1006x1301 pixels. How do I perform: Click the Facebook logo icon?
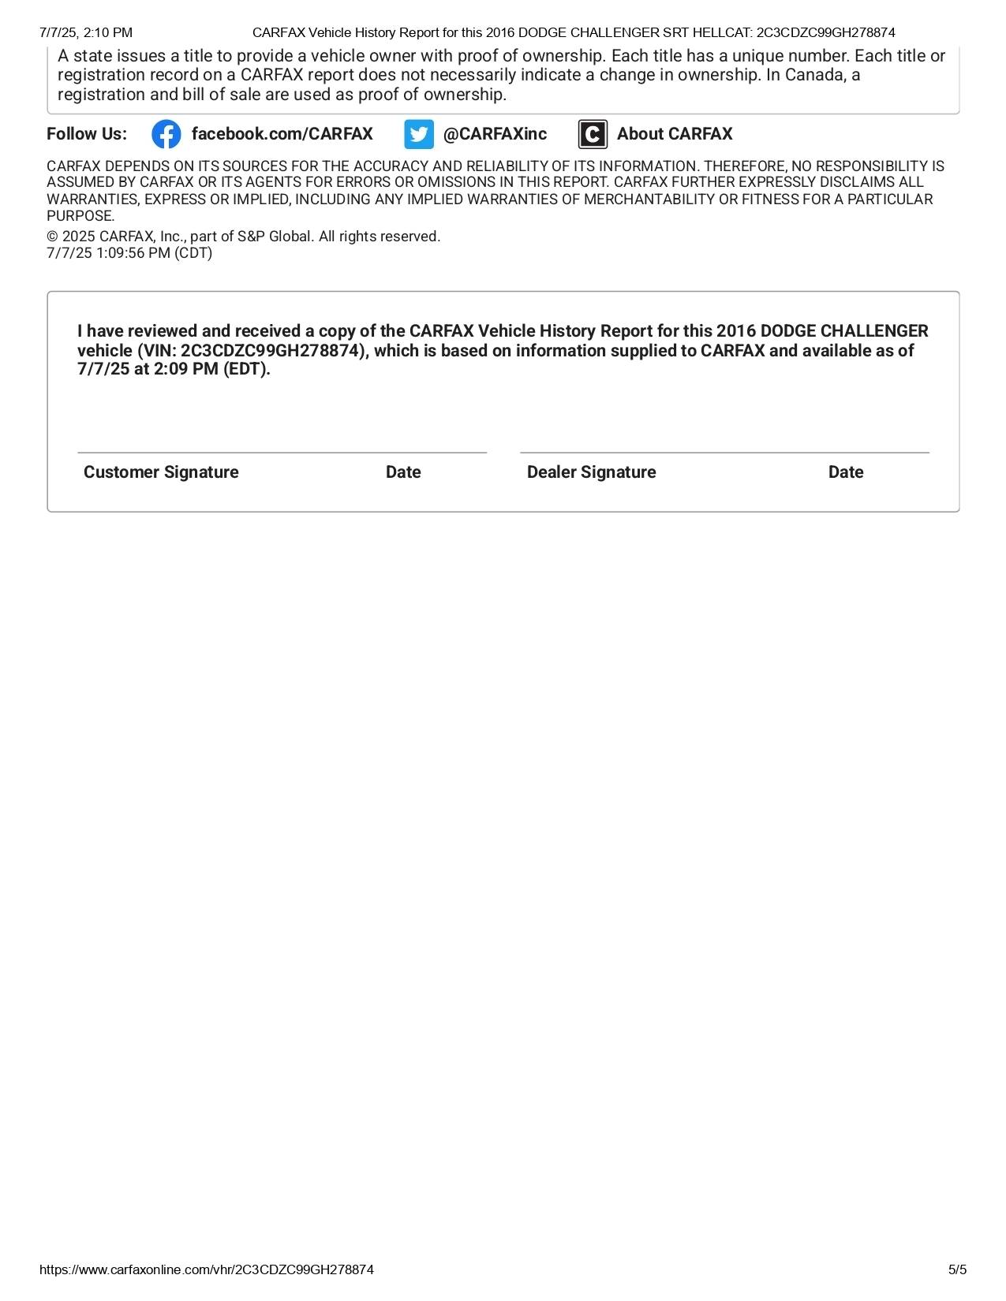166,134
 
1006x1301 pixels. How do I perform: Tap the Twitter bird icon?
419,134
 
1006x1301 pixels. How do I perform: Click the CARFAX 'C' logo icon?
593,134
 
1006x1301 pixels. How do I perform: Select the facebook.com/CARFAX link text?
282,134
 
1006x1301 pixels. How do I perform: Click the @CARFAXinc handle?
495,134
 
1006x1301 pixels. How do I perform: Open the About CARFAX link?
675,134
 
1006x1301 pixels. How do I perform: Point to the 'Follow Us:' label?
87,134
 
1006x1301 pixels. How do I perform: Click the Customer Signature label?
161,472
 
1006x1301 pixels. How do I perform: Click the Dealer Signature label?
591,472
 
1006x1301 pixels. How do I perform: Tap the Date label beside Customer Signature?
403,472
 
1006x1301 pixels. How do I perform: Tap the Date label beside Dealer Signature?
846,472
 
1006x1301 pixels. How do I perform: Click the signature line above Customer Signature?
282,453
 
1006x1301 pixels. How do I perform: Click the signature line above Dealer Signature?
724,453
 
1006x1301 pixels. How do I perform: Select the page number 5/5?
957,1269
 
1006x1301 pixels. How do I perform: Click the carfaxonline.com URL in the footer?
207,1269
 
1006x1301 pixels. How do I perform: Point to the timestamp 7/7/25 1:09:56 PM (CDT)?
129,253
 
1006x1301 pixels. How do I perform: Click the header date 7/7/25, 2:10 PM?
86,32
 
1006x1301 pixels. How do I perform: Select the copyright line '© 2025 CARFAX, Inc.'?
243,237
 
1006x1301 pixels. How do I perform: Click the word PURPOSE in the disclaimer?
80,216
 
